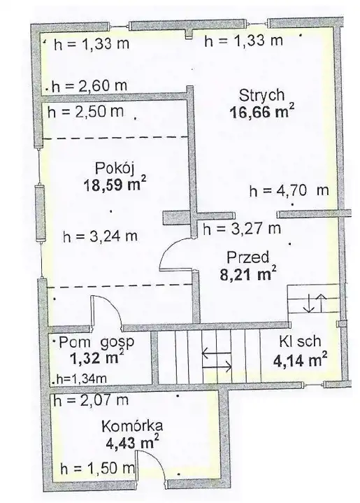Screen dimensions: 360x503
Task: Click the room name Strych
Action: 261,96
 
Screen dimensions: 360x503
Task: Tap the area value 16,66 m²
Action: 261,112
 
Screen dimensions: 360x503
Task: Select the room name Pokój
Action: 114,169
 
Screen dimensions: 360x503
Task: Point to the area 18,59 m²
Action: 115,184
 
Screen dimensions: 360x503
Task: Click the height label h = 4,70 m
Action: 289,190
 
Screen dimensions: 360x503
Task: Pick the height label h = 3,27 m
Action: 242,229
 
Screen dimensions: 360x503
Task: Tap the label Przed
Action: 247,257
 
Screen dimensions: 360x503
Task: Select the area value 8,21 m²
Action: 247,274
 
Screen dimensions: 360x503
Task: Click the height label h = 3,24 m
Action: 101,236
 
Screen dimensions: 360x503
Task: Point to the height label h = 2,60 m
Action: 89,85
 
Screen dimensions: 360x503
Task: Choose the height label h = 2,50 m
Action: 85,112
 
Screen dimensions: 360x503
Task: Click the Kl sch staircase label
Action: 300,341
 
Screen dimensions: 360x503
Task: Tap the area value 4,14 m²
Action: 300,360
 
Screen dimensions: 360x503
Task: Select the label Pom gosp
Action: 96,343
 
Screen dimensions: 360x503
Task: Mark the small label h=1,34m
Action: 81,379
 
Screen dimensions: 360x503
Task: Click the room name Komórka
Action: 132,426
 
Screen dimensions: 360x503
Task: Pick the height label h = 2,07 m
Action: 91,400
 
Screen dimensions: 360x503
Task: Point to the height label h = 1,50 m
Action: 97,469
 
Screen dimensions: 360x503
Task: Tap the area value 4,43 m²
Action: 132,442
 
